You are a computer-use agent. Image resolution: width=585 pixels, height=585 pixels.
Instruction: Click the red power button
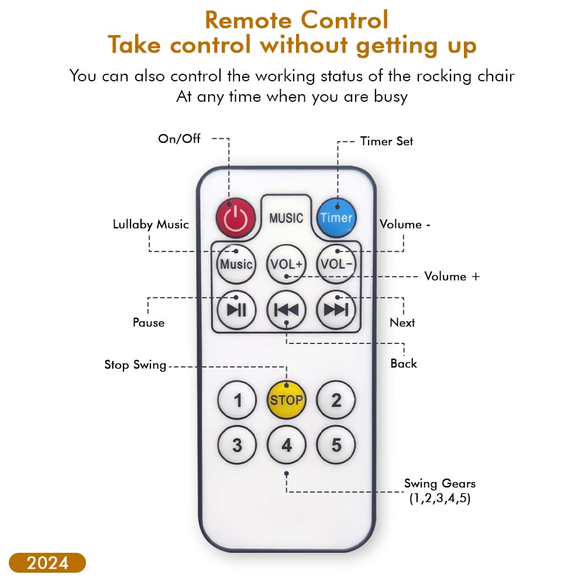(236, 218)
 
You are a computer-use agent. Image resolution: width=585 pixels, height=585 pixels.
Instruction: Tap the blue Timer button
(336, 218)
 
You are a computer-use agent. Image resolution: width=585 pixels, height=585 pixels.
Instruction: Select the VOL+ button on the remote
(286, 264)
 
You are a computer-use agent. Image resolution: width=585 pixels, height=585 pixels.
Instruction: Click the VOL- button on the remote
(336, 264)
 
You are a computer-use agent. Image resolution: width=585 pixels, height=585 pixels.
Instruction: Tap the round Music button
(236, 264)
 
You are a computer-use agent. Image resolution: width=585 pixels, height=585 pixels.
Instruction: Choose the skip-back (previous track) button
(286, 309)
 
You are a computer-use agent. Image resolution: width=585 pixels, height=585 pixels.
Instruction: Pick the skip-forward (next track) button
(336, 309)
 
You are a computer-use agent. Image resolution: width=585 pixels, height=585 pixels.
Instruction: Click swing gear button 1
(237, 400)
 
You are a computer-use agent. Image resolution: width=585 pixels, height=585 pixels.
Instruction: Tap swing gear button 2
(336, 400)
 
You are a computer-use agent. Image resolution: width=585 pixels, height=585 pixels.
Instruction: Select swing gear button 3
(237, 445)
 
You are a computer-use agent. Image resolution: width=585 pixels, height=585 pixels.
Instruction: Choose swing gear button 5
(336, 445)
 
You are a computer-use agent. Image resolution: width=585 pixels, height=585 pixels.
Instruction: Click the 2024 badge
(47, 563)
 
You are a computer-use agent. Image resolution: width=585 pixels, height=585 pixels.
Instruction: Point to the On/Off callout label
(179, 139)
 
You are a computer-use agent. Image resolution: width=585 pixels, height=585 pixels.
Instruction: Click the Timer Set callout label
(387, 141)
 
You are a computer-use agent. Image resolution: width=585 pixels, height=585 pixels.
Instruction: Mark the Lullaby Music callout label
(151, 224)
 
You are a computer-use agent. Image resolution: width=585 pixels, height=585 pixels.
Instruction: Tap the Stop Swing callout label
(135, 364)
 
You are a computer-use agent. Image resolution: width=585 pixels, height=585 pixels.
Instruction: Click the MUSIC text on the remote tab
(286, 218)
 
